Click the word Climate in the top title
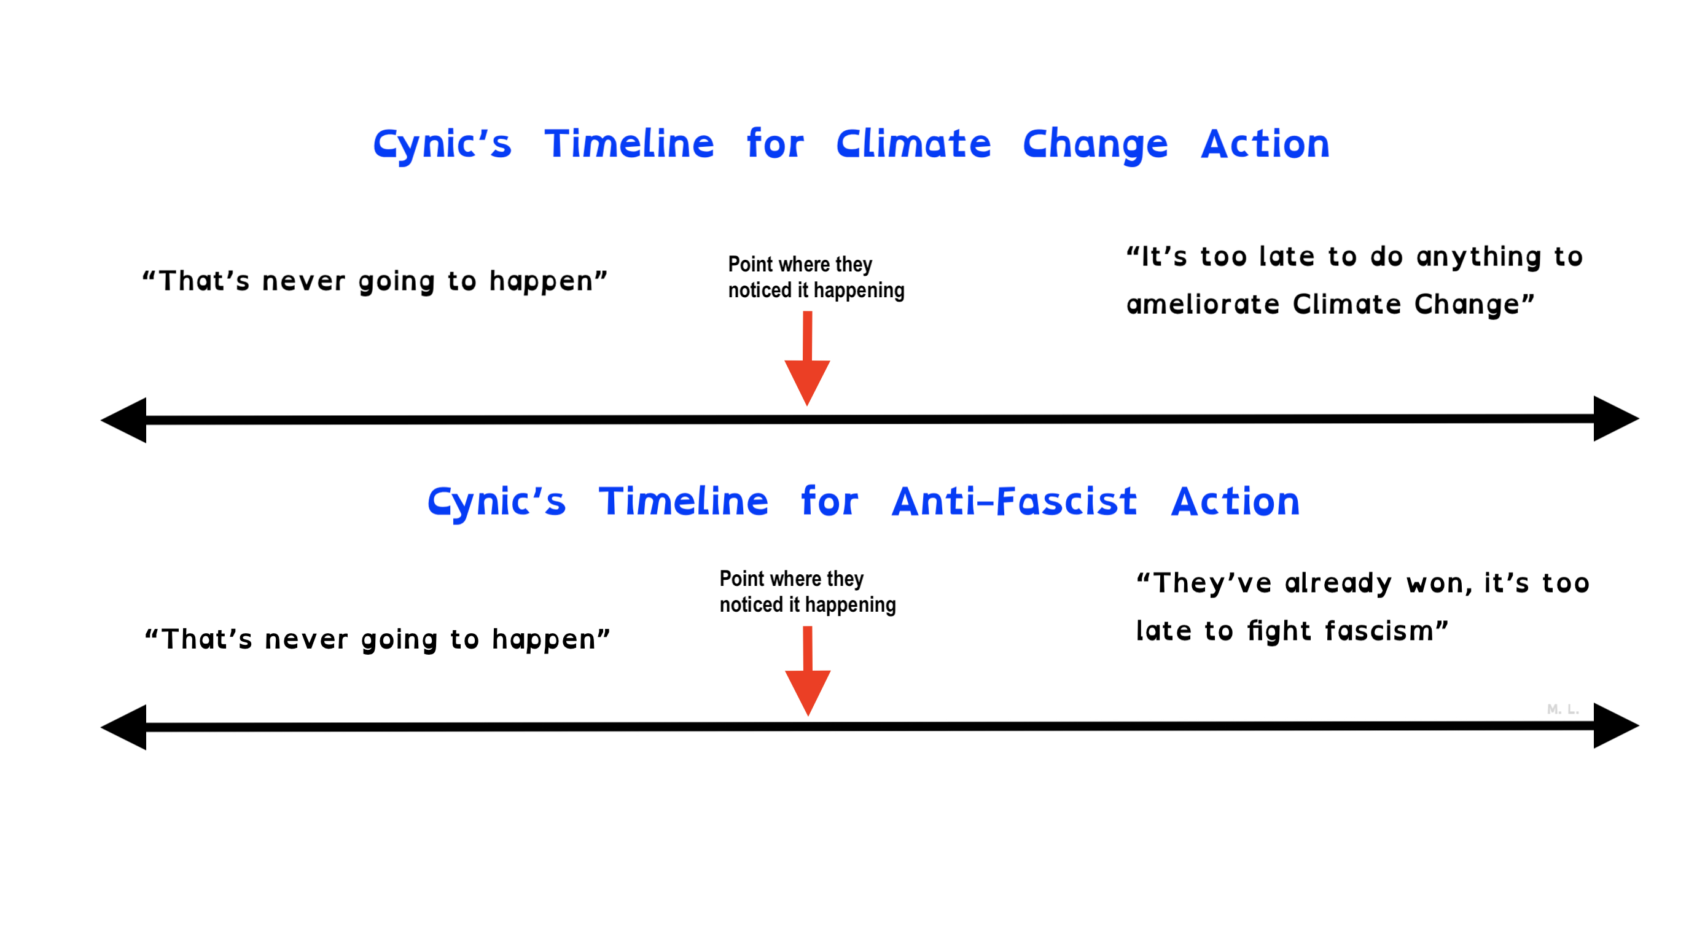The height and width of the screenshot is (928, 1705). pos(913,144)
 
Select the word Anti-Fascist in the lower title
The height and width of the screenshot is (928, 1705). pos(1015,501)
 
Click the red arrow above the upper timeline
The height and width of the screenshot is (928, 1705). pos(808,358)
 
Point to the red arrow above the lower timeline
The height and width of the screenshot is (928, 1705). pos(808,671)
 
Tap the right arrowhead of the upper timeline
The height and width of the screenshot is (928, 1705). pos(1617,418)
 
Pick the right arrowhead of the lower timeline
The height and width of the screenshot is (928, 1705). pos(1617,725)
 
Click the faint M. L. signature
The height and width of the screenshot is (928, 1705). pos(1563,709)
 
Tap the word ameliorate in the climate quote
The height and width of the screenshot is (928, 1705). pos(1203,305)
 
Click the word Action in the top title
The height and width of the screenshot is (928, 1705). pos(1265,144)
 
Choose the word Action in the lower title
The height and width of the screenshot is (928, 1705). pos(1236,501)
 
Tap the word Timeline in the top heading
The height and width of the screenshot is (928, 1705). pos(630,144)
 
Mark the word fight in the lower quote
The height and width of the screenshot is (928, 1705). pos(1279,632)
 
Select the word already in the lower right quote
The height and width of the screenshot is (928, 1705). pos(1338,585)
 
